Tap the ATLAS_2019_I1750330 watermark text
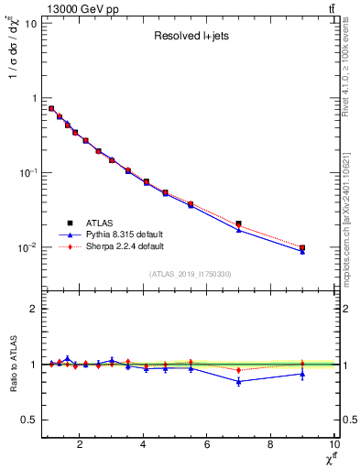click(x=190, y=274)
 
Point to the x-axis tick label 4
click(x=143, y=445)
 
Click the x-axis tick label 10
click(x=333, y=445)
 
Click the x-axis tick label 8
click(x=270, y=445)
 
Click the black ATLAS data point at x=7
click(x=238, y=224)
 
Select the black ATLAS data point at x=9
click(x=302, y=248)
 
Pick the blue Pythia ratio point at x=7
click(x=238, y=381)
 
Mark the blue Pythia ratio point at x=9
click(x=302, y=374)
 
